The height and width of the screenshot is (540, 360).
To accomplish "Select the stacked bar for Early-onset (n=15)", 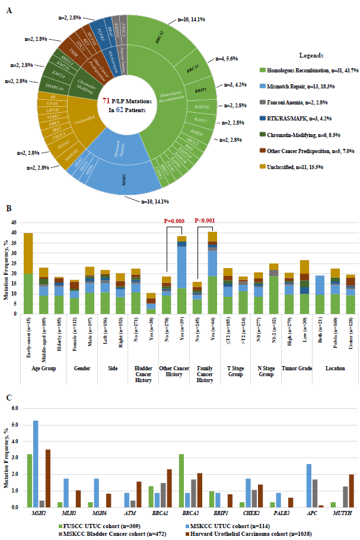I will pyautogui.click(x=28, y=273).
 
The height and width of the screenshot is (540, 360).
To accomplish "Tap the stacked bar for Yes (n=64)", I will pyautogui.click(x=212, y=272).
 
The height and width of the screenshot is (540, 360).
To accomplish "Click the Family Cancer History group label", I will pyautogui.click(x=205, y=371).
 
